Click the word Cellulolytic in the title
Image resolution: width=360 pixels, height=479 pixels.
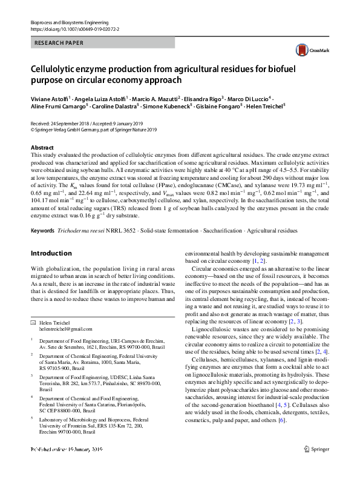click(x=54, y=68)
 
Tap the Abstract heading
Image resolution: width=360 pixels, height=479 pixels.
click(x=43, y=147)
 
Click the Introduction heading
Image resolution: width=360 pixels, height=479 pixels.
click(x=51, y=253)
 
